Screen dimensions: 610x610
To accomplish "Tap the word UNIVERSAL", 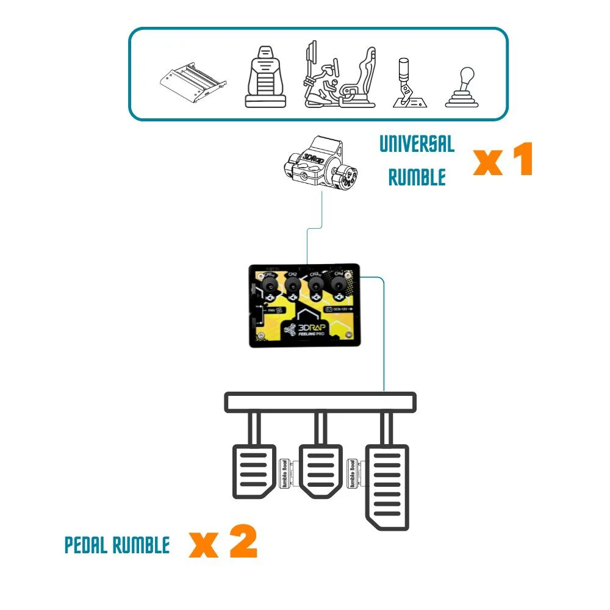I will click(417, 145).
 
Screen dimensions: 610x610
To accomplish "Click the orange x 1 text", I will click(503, 160).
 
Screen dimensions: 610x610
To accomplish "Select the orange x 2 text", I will click(223, 544).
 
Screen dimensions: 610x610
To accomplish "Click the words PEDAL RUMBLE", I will click(117, 545).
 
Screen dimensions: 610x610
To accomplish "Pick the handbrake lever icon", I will click(407, 82).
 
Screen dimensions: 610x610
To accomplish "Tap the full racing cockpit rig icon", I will click(339, 76).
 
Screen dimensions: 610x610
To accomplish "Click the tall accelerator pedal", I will click(386, 488).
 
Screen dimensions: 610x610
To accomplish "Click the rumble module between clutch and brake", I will click(285, 474).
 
